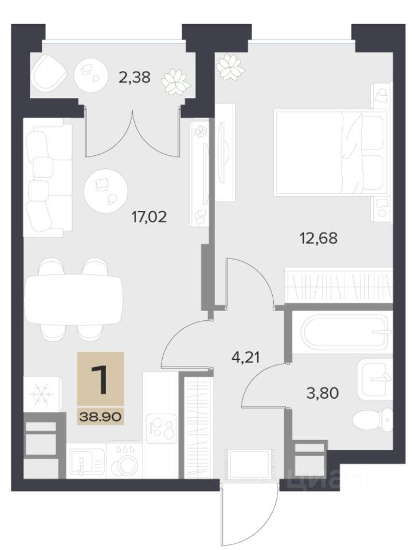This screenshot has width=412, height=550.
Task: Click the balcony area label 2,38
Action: [x=135, y=77]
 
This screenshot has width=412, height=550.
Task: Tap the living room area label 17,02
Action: [x=149, y=217]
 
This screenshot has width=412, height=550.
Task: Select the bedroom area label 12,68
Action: [x=319, y=238]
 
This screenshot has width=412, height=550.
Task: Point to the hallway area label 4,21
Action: [x=246, y=357]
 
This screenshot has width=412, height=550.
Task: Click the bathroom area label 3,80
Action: [x=323, y=393]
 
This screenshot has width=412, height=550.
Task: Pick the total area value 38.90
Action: [x=100, y=417]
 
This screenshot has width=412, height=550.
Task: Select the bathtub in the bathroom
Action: [x=346, y=331]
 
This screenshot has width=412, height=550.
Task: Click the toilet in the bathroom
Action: [x=372, y=419]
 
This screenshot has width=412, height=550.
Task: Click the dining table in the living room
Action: [x=74, y=300]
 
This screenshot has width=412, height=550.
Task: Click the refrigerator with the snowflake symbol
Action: [x=42, y=394]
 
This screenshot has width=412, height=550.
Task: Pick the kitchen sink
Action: [x=86, y=461]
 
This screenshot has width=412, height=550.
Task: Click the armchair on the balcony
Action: [x=49, y=74]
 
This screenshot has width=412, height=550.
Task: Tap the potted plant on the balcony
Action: [x=176, y=82]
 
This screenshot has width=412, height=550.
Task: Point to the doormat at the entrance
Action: [x=249, y=463]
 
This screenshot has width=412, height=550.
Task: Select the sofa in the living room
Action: [x=48, y=178]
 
